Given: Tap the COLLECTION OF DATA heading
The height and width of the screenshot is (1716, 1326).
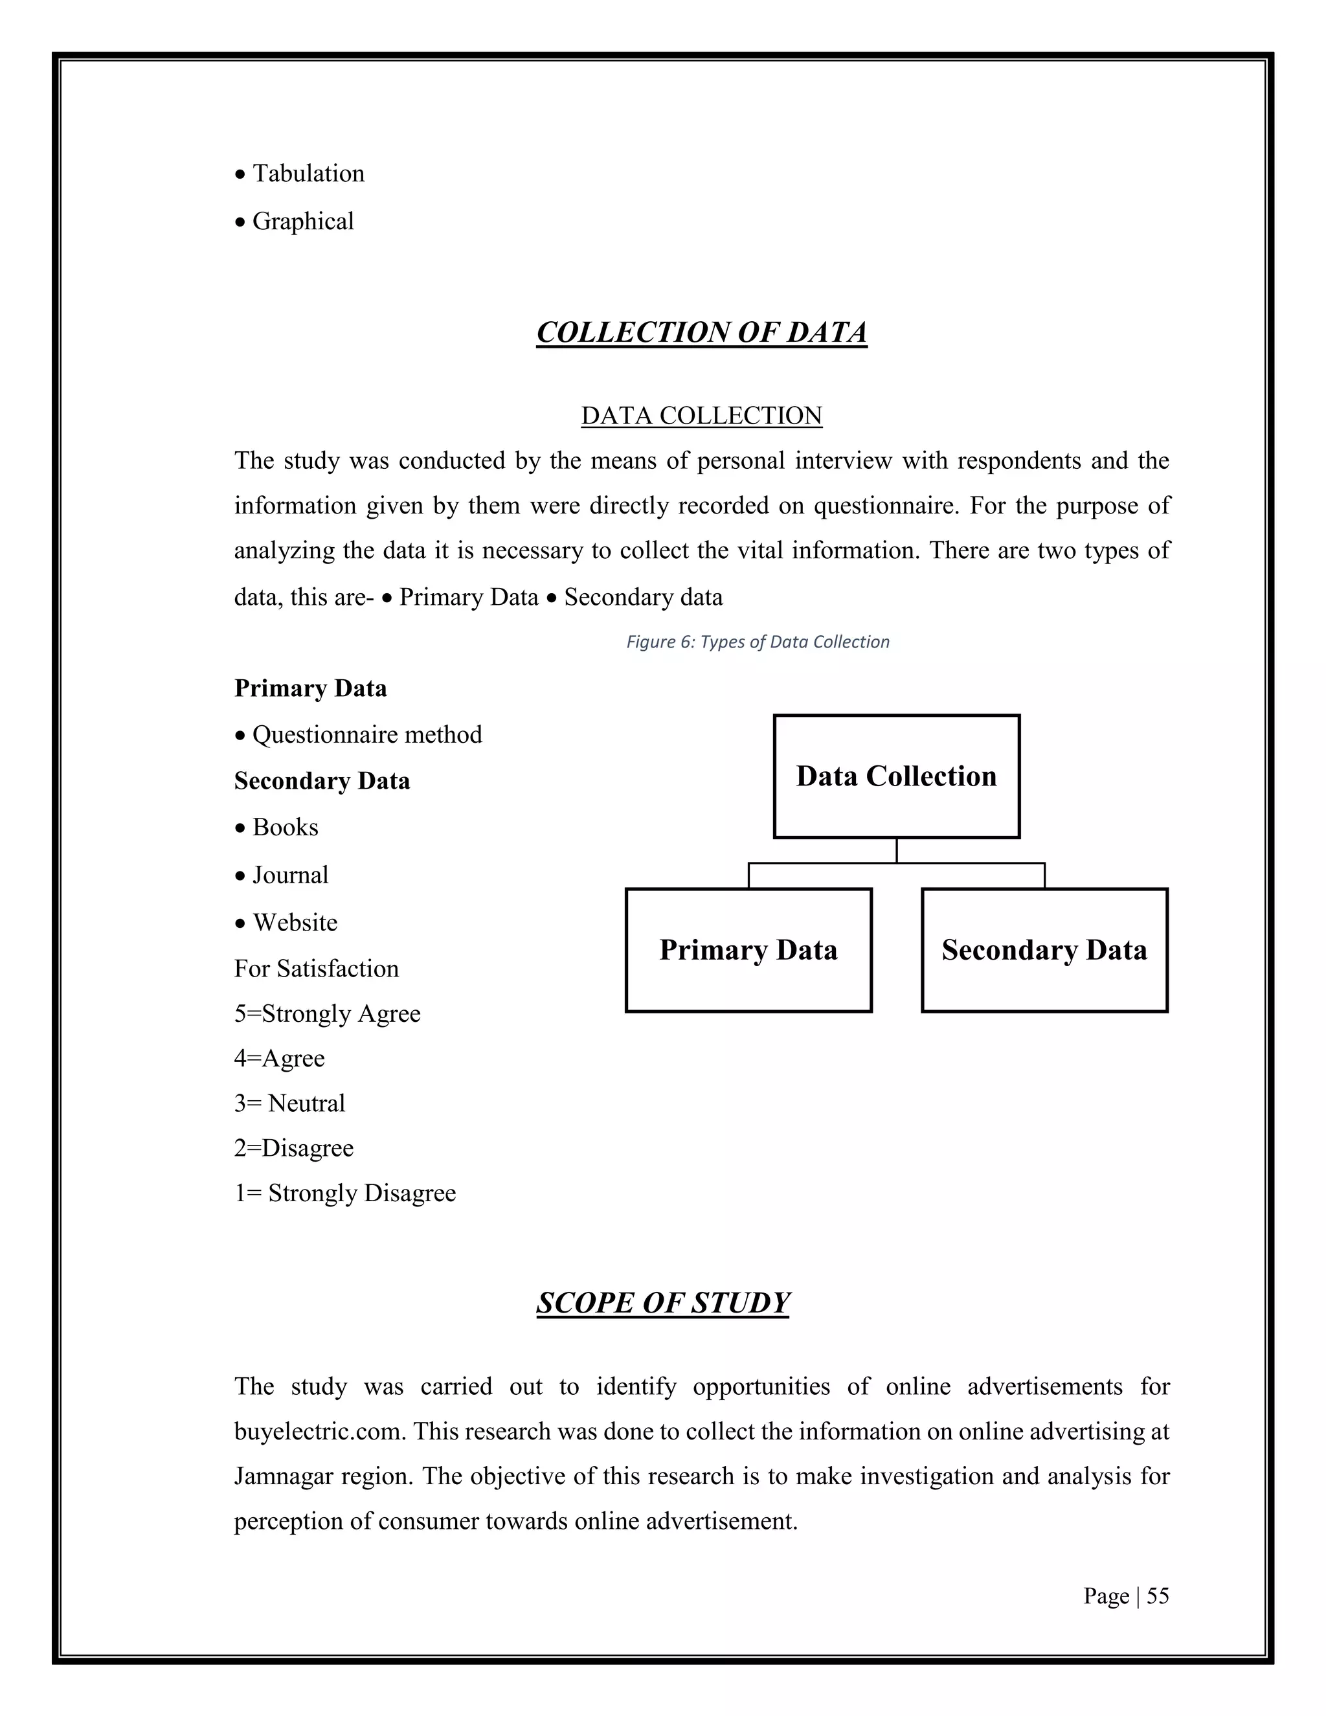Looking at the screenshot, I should pos(701,332).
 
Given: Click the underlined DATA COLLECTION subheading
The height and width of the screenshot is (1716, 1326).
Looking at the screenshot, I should pos(701,416).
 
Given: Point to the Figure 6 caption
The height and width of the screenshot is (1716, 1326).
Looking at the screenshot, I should pos(758,642).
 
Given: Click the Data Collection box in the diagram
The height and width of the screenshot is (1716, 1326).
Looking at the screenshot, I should pos(896,776).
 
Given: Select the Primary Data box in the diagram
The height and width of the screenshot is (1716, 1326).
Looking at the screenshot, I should pos(748,950).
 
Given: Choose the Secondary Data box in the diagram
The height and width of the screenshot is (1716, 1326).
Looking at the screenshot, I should pos(1044,950).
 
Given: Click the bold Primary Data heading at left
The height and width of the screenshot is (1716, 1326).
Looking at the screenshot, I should pos(310,689).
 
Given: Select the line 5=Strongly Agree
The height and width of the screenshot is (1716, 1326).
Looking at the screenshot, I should pos(327,1013).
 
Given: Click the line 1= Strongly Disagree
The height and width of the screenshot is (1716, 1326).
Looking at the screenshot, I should pos(345,1193).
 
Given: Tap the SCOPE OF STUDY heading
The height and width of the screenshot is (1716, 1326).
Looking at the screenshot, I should pos(662,1304).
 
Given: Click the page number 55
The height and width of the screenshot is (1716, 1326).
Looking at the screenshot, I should pos(1157,1596).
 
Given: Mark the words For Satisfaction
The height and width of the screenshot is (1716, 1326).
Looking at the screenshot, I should pos(316,969).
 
